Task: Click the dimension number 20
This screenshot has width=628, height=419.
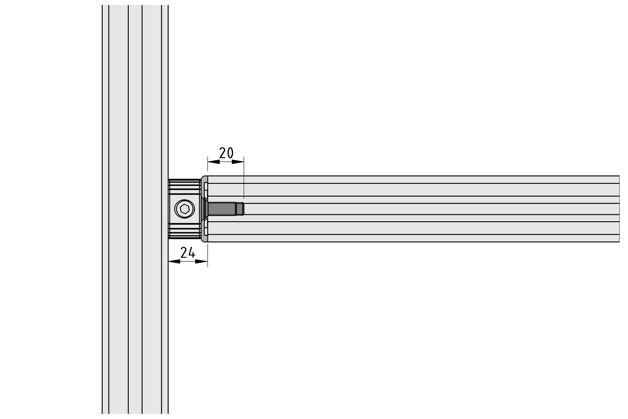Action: coord(226,153)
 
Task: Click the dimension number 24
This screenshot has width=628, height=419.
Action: coord(188,252)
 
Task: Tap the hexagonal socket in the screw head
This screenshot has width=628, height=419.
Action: coord(184,209)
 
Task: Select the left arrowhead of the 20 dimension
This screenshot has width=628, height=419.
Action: coord(214,162)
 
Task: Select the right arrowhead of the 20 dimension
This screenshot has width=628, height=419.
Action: coord(238,162)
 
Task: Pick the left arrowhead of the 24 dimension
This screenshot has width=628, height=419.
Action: coord(174,261)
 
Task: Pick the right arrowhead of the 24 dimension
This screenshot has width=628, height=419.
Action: coord(202,261)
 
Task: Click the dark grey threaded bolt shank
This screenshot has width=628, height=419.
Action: coord(222,209)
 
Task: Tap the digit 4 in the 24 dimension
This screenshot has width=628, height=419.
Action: coord(192,252)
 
